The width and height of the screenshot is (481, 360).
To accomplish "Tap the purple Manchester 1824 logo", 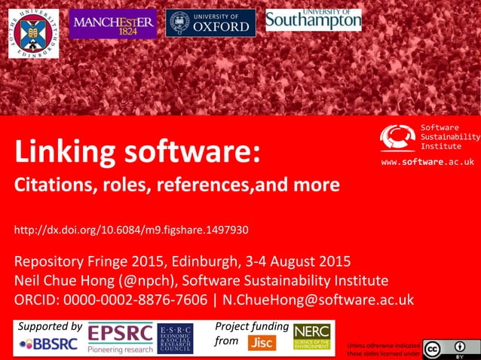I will [x=113, y=23].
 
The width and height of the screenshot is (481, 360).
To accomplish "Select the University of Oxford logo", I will [x=210, y=23].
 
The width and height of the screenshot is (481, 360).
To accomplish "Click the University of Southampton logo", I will [x=313, y=20].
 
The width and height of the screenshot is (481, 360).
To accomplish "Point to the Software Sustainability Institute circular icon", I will [x=397, y=138].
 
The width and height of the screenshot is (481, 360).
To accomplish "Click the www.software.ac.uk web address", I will [x=427, y=162].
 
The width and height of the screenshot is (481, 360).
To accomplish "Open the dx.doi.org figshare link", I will [x=132, y=229].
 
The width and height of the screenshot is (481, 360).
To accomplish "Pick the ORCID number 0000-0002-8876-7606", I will [x=135, y=300].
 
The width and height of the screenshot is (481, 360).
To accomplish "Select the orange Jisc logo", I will [x=262, y=343].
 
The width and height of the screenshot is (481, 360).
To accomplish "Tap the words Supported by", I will [x=50, y=327].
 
